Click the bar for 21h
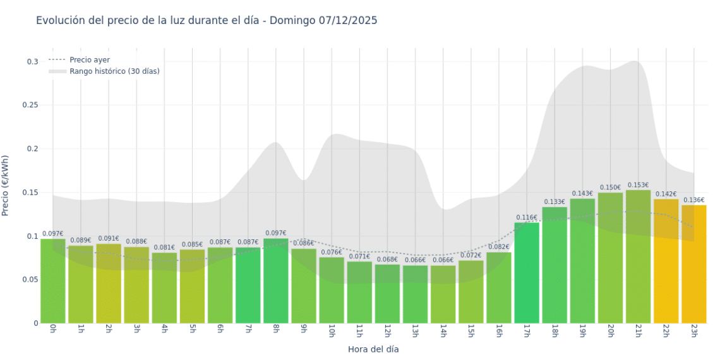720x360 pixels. pos(638,256)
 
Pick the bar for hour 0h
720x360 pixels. pos(53,280)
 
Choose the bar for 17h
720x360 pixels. pos(527,273)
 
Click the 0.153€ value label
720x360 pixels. pos(638,185)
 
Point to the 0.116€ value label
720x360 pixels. pos(527,217)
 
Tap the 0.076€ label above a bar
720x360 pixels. pos(332,252)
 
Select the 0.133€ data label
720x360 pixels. pos(555,202)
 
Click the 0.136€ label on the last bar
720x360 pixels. pos(693,200)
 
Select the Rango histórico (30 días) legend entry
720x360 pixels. pos(114,71)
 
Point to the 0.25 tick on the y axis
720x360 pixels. pos(30,105)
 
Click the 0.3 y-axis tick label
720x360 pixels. pos(32,62)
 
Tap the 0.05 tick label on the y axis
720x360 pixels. pos(30,280)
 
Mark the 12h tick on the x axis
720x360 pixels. pos(387,331)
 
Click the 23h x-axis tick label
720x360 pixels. pos(693,331)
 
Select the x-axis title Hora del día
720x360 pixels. pos(373,349)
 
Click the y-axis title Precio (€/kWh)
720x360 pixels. pos(6,186)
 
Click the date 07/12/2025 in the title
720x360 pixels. pos(347,20)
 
